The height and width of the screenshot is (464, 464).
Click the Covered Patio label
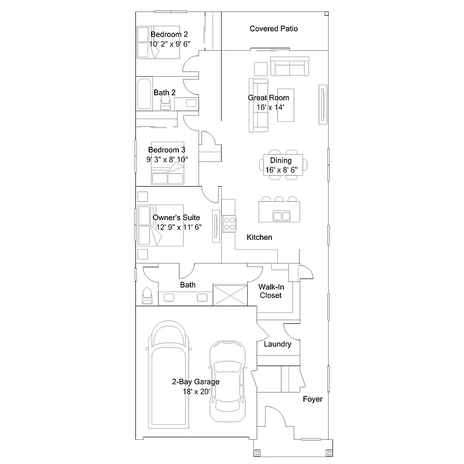coord(273,29)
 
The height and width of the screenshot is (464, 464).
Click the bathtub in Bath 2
coord(144,94)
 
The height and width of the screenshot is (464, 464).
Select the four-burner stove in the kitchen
coord(230,224)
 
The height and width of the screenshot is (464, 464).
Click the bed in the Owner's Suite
coord(160,226)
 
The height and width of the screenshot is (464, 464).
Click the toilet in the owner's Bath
coord(146,295)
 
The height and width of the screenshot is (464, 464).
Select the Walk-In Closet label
coord(271,291)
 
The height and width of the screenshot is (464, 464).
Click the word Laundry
coord(278,344)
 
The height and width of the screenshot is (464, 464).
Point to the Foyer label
coord(312,399)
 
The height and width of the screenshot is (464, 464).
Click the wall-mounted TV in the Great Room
coord(324,104)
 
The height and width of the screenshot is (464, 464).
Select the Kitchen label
coord(259,237)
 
